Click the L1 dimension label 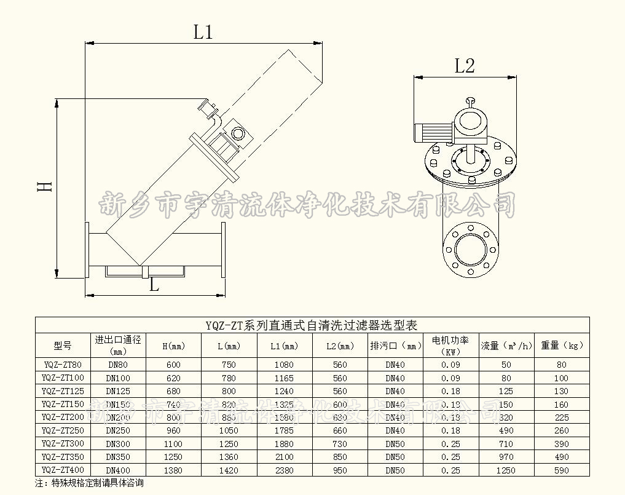click(x=203, y=31)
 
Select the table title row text click(x=312, y=325)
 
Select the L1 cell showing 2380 click(x=283, y=470)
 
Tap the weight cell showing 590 click(x=561, y=470)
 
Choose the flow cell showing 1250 click(x=506, y=470)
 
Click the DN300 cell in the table click(x=117, y=444)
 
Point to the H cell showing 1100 click(x=173, y=444)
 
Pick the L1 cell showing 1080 click(x=283, y=365)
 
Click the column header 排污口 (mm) click(x=396, y=346)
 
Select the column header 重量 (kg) click(x=561, y=346)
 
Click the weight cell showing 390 click(x=561, y=444)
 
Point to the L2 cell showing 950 click(x=340, y=470)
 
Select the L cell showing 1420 click(x=227, y=470)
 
